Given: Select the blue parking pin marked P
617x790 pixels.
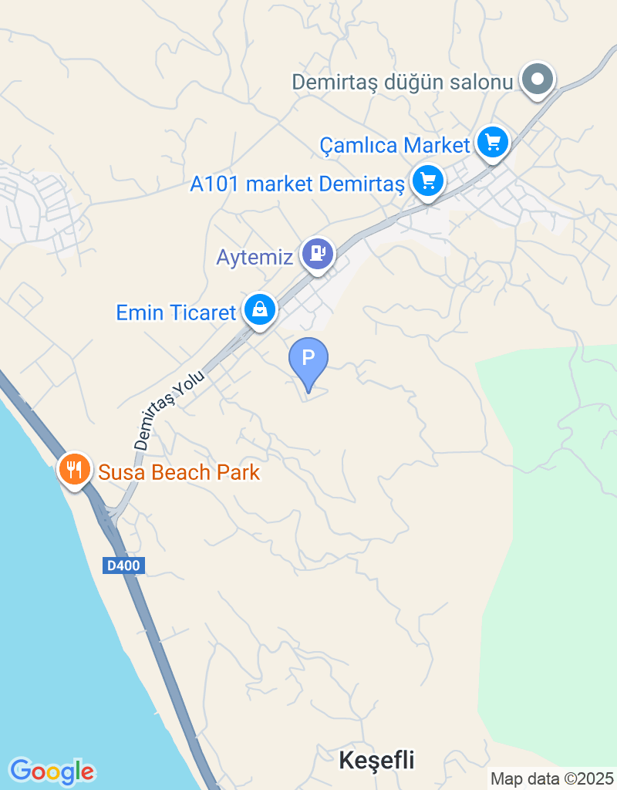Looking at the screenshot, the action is (x=308, y=360).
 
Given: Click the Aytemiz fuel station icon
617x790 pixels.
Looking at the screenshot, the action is (x=317, y=252).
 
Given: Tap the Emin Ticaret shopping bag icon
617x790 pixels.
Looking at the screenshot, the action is (x=260, y=309).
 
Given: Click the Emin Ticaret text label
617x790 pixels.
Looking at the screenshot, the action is (x=176, y=312).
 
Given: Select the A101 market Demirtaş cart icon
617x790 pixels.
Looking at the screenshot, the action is (x=428, y=181).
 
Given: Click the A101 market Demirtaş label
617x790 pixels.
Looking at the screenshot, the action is (x=298, y=184).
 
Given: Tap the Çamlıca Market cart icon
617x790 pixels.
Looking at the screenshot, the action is (x=493, y=142).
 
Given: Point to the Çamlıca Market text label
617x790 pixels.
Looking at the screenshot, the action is (x=395, y=145).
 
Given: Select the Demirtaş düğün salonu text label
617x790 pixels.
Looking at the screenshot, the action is (x=403, y=81).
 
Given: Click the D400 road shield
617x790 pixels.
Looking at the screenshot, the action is (x=123, y=565).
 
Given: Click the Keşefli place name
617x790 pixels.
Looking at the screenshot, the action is (x=376, y=760).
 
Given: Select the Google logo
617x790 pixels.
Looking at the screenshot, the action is (x=52, y=771).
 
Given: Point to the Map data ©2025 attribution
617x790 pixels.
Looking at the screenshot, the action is (x=552, y=778).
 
